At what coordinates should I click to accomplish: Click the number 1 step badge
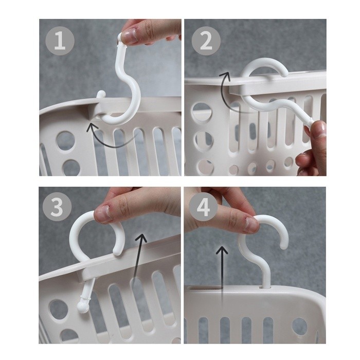click(x=60, y=41)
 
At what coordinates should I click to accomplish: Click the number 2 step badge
click(x=206, y=41)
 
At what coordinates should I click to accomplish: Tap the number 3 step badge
click(x=57, y=207)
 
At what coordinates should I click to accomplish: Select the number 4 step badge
click(x=203, y=207)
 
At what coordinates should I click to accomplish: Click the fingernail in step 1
click(x=129, y=36)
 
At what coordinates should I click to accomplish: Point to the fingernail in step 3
click(x=103, y=214)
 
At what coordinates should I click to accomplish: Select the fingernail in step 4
click(x=252, y=224)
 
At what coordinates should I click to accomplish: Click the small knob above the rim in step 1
click(x=101, y=95)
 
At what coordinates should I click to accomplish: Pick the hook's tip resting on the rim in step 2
click(x=284, y=74)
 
